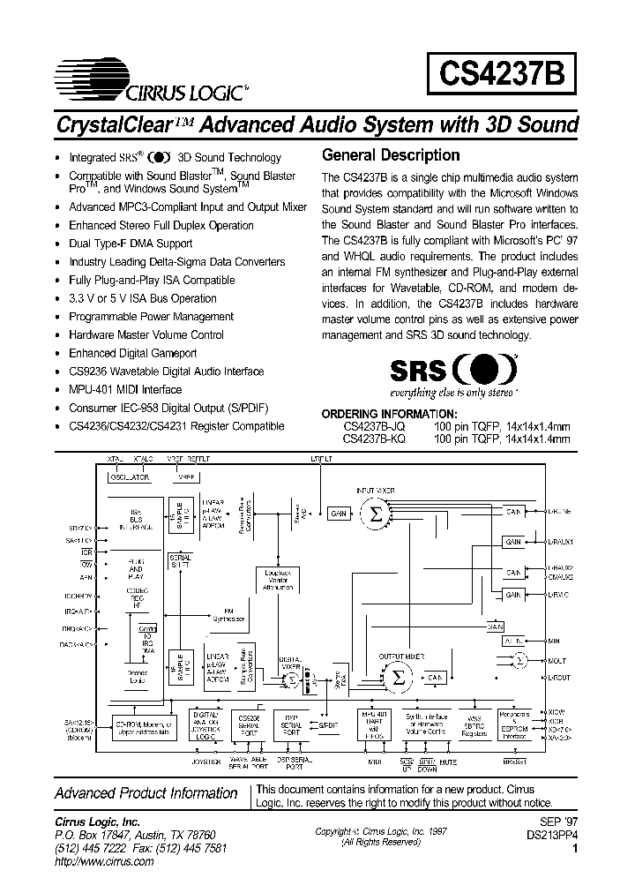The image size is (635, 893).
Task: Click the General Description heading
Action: click(391, 155)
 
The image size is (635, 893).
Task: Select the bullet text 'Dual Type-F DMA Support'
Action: click(131, 244)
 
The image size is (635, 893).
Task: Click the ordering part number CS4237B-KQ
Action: click(374, 438)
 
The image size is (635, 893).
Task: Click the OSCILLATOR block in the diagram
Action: click(130, 477)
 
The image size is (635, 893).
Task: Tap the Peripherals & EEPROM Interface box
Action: click(515, 724)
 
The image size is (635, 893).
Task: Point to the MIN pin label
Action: click(554, 642)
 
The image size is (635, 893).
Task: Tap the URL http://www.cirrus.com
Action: click(103, 862)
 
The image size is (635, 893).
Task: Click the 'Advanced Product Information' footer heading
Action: click(146, 793)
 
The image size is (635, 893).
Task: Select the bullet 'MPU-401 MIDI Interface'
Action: click(125, 389)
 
